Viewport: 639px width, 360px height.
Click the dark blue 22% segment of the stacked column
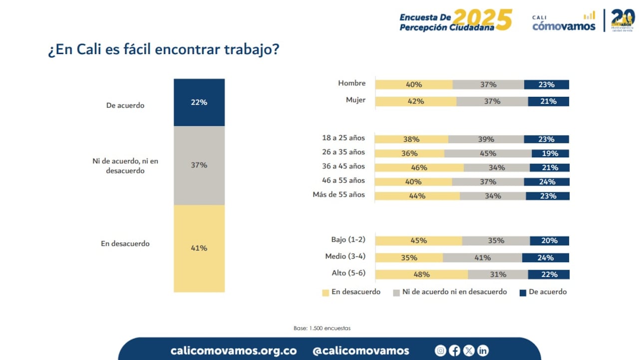click(199, 102)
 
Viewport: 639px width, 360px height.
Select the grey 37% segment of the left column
click(199, 165)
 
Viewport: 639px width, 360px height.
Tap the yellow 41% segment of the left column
click(199, 248)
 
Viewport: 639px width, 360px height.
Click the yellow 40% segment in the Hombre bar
click(414, 85)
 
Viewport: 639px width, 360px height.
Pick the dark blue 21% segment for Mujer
click(548, 101)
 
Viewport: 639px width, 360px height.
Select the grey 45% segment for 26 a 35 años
click(488, 154)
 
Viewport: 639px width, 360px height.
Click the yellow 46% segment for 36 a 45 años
click(419, 168)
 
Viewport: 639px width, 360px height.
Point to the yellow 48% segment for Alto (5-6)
click(421, 274)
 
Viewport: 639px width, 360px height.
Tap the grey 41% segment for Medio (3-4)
click(482, 258)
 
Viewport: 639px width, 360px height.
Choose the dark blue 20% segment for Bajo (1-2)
click(549, 241)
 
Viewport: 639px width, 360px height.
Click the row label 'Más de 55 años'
click(338, 195)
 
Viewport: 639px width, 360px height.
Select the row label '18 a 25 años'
click(343, 138)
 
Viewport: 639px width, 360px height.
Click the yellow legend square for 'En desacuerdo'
click(326, 293)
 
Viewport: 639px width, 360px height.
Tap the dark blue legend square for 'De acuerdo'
click(523, 293)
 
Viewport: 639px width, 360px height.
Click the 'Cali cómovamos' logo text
click(564, 23)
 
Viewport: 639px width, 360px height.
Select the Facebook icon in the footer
click(454, 351)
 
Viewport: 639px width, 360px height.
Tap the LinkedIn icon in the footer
click(482, 351)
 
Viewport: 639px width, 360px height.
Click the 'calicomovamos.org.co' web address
click(233, 351)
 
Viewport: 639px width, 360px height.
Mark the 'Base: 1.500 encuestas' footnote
click(322, 328)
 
